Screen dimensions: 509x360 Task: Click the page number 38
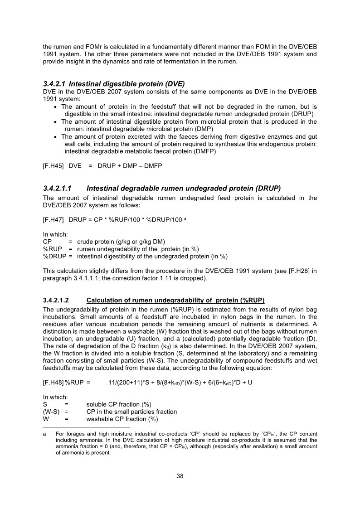[180, 476]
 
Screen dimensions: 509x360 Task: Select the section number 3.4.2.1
[54, 83]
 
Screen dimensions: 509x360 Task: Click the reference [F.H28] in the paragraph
[292, 271]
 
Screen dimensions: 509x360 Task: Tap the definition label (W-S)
[51, 412]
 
